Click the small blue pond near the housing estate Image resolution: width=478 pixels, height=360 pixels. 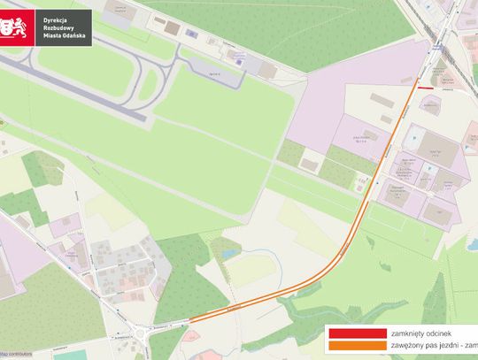pyautogui.click(x=228, y=253)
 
